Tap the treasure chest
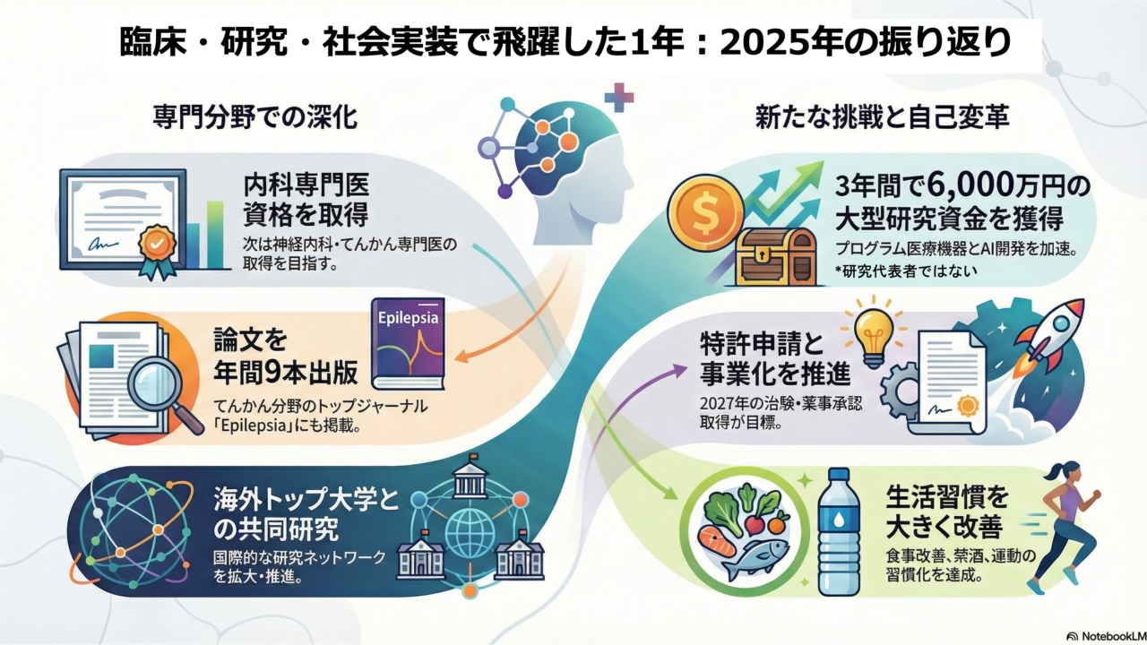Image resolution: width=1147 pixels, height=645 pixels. [775, 257]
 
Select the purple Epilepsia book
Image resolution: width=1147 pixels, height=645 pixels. [408, 343]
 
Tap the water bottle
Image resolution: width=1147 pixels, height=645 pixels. [838, 532]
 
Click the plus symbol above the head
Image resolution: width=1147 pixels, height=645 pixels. [618, 97]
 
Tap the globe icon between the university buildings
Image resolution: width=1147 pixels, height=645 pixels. [470, 531]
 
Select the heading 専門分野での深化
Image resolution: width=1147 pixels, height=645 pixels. [255, 116]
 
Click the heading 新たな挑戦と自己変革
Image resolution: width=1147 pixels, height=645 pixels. [883, 116]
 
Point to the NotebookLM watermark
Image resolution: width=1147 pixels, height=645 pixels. [1107, 636]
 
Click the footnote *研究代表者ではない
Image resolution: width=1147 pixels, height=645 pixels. [905, 271]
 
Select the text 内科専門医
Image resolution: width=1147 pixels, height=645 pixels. [306, 185]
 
